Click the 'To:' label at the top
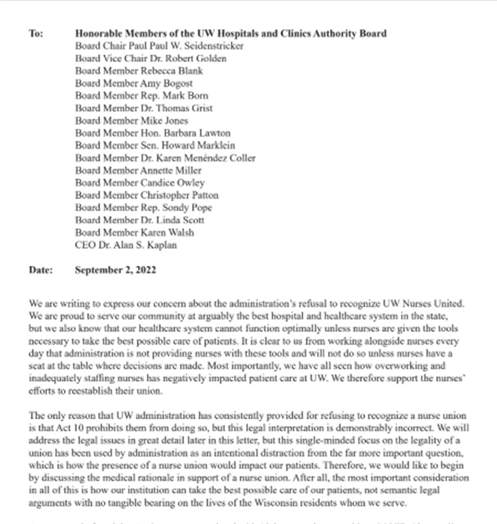(x=36, y=34)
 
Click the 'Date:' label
(x=41, y=270)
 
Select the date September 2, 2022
(x=115, y=270)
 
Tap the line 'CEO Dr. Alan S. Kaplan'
(x=126, y=245)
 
